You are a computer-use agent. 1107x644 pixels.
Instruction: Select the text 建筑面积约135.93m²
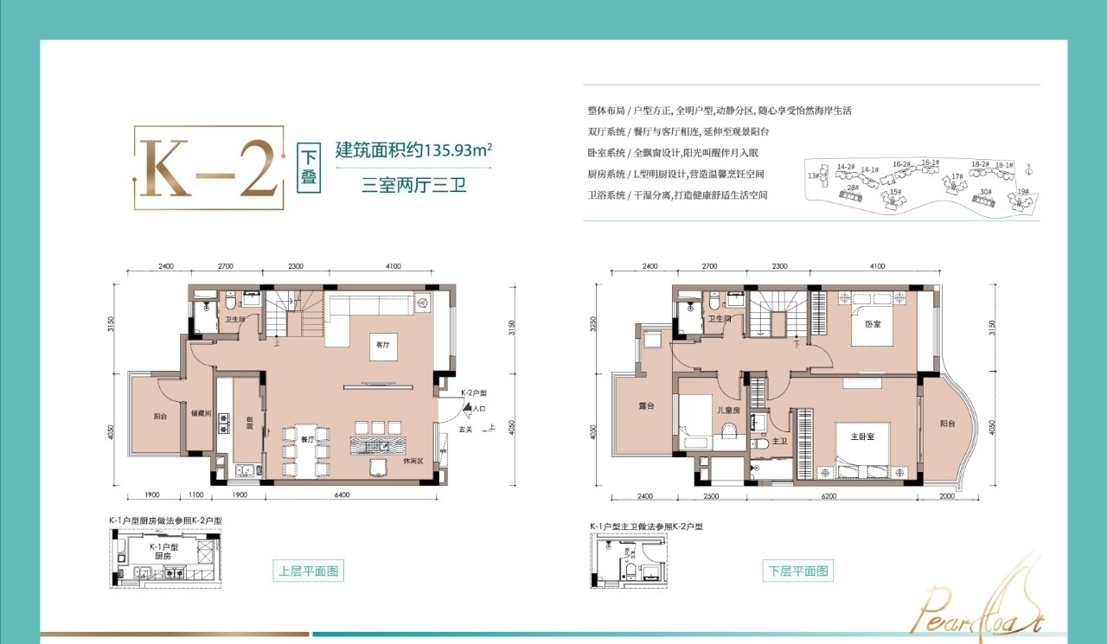413,150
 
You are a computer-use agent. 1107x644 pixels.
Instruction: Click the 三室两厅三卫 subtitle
413,185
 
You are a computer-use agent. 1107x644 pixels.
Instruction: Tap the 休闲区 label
413,461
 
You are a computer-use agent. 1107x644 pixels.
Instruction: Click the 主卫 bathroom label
778,441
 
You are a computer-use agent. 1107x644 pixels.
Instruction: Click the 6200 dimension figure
854,497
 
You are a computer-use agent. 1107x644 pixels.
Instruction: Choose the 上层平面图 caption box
310,571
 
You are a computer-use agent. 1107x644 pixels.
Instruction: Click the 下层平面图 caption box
798,571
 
